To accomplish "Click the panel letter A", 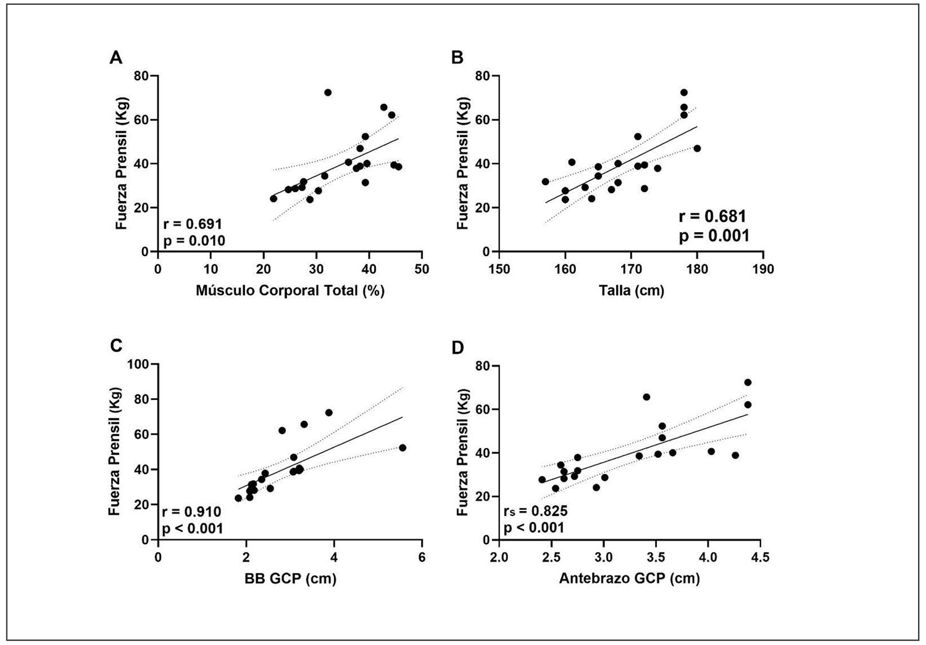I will [115, 58].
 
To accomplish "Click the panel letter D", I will [458, 348].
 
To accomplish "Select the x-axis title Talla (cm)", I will [631, 290].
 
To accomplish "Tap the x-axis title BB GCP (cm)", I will [290, 578].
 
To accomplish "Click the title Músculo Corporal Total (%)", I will [290, 290].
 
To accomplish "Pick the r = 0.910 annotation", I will [191, 512].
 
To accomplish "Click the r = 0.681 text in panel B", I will [712, 217].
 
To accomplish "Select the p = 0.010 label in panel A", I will [194, 241].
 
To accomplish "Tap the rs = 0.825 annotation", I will [535, 511].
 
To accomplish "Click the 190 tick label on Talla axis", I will [763, 269].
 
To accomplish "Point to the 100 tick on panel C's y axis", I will [139, 364].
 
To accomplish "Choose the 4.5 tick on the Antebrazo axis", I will [760, 557].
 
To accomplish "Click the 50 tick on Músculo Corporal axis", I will [422, 269].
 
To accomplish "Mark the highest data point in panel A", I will [328, 93].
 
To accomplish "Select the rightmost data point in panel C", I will [403, 447].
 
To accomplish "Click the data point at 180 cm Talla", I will [697, 148].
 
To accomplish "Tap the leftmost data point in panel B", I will [545, 181].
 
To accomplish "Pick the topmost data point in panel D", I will [748, 382].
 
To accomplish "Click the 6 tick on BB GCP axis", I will [422, 557].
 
